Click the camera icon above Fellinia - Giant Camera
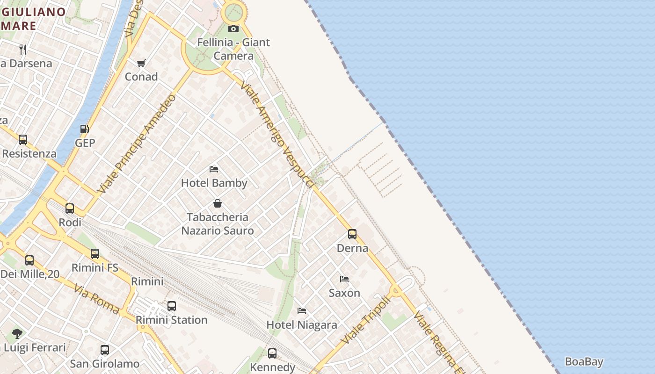point(233,29)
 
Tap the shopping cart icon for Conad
point(141,63)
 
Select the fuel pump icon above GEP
point(85,129)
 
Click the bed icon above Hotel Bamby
point(214,169)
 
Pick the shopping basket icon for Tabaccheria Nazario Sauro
point(218,203)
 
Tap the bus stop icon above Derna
point(352,234)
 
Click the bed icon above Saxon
point(344,279)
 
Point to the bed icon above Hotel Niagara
point(302,311)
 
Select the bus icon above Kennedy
point(272,353)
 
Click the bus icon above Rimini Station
point(172,306)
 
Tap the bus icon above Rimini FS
point(95,254)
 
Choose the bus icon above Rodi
point(70,209)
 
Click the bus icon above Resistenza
point(23,140)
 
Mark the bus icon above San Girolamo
point(105,350)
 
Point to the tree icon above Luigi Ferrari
point(17,334)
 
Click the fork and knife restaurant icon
point(23,49)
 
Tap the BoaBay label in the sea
point(584,362)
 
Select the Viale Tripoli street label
point(365,321)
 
